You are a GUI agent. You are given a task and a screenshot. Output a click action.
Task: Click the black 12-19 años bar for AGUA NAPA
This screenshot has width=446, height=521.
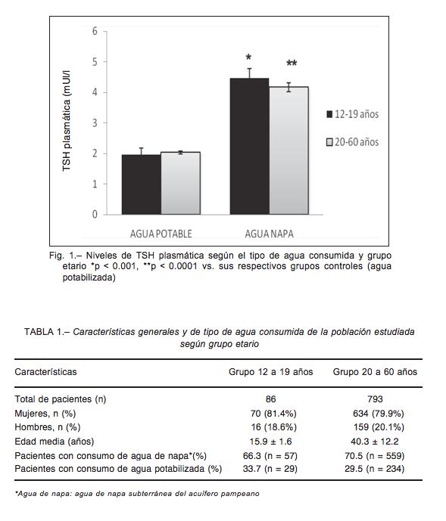click(x=249, y=146)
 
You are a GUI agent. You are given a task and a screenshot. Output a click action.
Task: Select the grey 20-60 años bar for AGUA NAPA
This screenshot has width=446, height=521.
click(x=288, y=150)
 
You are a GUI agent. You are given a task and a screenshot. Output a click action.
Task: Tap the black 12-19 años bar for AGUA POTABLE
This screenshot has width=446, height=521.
click(x=142, y=185)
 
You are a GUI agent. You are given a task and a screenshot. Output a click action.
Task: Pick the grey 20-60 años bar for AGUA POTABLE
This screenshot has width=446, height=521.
click(x=181, y=183)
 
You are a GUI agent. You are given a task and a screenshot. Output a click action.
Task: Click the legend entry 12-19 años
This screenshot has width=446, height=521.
click(x=353, y=114)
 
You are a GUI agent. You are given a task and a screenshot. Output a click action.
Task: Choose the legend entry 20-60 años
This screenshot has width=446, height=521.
click(x=353, y=142)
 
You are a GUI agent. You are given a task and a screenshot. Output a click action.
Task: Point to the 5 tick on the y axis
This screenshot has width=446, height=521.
click(x=95, y=62)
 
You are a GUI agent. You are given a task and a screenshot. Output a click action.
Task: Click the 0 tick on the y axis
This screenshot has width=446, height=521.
click(x=95, y=214)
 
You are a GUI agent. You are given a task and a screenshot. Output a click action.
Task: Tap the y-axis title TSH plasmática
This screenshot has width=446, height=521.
click(x=67, y=121)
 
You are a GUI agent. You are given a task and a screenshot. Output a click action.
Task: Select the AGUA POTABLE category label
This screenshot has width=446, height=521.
click(x=161, y=234)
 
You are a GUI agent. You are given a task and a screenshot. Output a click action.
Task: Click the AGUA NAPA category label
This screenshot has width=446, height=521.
click(x=270, y=234)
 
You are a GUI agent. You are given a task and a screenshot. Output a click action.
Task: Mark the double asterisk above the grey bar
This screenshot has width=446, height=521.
click(x=292, y=63)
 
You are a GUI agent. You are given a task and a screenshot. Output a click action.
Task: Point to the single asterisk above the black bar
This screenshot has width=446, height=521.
click(x=248, y=57)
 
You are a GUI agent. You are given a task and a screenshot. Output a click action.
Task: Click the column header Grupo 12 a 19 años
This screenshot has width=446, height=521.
click(x=270, y=372)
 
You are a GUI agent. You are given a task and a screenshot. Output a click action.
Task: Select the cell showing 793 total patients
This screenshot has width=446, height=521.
click(x=375, y=399)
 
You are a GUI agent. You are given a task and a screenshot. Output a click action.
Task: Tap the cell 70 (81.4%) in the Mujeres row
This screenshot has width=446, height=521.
click(x=273, y=414)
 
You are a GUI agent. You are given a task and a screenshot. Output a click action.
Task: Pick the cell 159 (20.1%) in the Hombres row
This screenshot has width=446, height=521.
click(x=379, y=427)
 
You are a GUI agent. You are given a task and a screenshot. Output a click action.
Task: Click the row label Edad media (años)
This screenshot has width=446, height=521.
click(x=55, y=442)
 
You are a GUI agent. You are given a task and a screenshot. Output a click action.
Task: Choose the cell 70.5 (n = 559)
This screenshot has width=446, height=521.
click(x=374, y=455)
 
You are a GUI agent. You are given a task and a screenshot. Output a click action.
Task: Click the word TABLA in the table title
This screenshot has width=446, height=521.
click(x=39, y=332)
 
